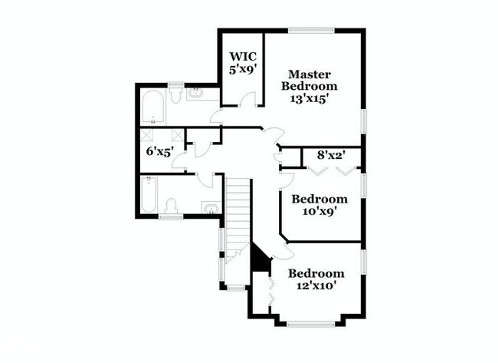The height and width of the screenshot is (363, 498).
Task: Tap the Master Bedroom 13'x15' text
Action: coord(310,87)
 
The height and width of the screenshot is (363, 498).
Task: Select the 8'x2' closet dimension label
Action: coord(333,154)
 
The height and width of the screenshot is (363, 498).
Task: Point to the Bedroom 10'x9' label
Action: coord(319,205)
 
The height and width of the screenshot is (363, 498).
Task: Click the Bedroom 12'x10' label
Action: coord(316,279)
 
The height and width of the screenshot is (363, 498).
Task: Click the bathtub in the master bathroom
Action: coord(152,108)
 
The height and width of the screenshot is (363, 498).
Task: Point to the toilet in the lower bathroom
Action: coord(172,206)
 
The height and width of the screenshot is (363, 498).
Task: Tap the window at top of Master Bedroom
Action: coord(311,30)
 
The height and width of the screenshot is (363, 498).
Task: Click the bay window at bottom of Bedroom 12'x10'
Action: coord(311,323)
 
